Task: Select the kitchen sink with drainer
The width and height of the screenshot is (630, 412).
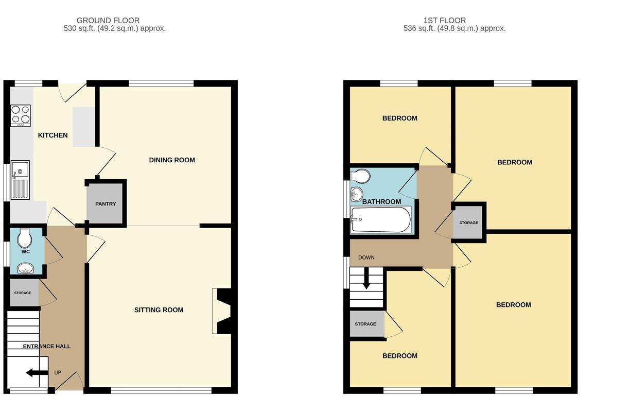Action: tap(20, 180)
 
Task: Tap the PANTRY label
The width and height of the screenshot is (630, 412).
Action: tap(106, 204)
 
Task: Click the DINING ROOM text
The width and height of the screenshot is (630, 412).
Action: tap(172, 160)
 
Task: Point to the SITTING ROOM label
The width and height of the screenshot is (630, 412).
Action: tap(159, 310)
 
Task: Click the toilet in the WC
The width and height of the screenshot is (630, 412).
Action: tap(24, 238)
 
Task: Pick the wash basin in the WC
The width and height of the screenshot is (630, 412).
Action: tap(25, 268)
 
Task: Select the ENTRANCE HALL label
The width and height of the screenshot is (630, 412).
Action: tap(46, 347)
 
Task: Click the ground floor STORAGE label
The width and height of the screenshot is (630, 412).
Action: tap(23, 293)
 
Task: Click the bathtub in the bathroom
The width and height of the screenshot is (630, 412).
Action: tap(381, 220)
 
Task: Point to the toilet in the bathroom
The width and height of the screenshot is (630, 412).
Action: tap(360, 176)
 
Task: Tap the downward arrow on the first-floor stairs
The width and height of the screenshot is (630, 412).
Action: tap(366, 282)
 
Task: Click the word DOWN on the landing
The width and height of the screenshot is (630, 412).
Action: tap(366, 257)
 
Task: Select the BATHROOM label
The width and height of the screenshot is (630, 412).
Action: tap(381, 201)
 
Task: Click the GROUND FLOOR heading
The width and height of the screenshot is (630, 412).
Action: tap(108, 21)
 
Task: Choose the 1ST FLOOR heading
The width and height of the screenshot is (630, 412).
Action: tap(444, 21)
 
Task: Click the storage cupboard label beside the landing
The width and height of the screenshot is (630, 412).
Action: tap(468, 223)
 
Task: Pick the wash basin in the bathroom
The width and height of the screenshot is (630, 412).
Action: tap(357, 194)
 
